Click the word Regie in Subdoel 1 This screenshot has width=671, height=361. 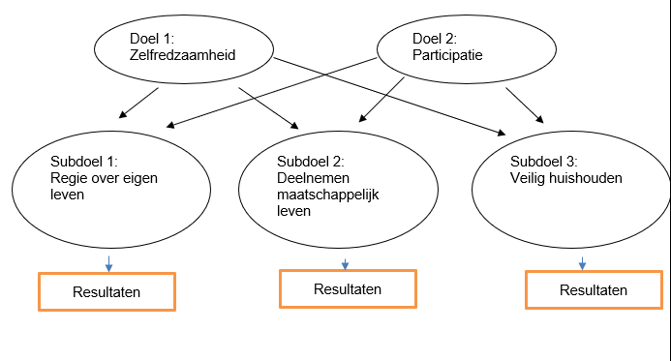tap(68, 178)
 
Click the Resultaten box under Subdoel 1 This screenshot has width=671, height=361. tap(107, 291)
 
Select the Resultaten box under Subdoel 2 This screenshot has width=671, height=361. tap(348, 288)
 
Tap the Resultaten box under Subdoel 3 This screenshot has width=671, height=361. tap(594, 289)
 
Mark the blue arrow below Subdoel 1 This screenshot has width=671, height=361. tap(108, 263)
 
